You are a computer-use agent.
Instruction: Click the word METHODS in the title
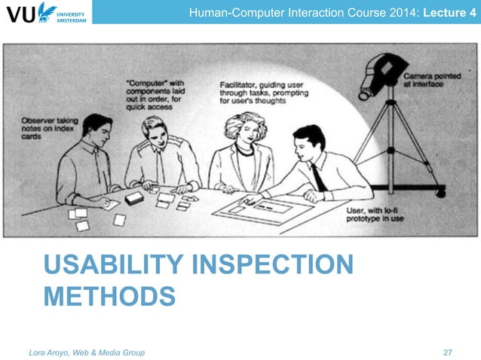[x=109, y=296]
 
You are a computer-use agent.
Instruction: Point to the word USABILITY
[x=110, y=266]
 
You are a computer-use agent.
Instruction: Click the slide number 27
[x=448, y=352]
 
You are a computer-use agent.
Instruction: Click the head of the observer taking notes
[x=96, y=130]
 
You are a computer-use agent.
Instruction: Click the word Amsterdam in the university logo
[x=72, y=19]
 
